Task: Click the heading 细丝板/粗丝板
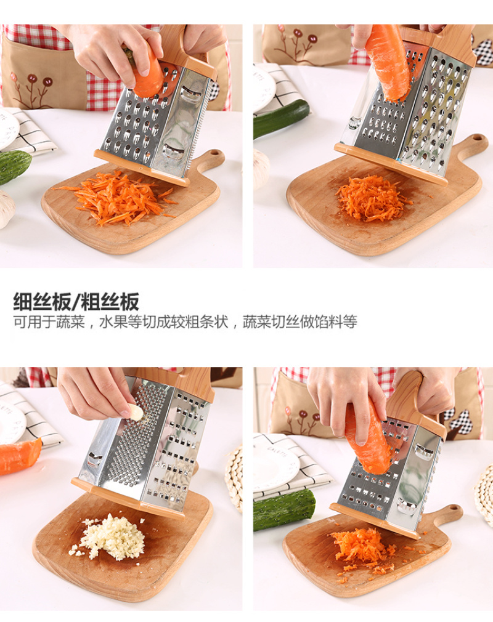pos(76,302)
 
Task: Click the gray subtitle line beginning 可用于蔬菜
pos(185,321)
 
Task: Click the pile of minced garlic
pos(110,536)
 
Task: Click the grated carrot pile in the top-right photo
pos(371,197)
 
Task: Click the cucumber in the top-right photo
pos(280,118)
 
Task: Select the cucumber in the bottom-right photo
pos(284,510)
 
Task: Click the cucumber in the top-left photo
pos(14,166)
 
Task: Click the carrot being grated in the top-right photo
pos(387,62)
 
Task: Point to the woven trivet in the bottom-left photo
pos(234,479)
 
